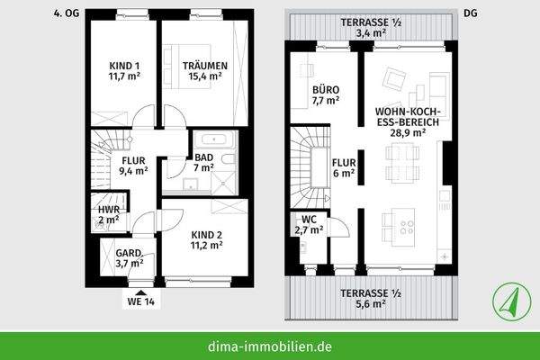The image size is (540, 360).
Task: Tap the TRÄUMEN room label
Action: (x=204, y=71)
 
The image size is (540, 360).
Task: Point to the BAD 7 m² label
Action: (x=204, y=163)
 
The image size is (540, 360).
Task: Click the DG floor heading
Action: (x=469, y=13)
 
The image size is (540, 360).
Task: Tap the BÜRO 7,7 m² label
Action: (x=326, y=95)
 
